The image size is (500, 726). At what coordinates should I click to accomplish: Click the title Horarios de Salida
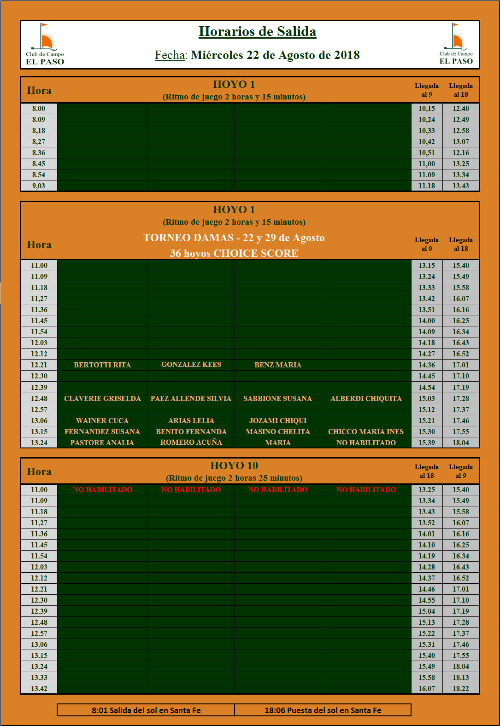[x=257, y=32]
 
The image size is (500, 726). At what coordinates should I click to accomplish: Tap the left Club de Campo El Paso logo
[x=45, y=44]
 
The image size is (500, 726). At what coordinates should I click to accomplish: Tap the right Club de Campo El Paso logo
[x=456, y=44]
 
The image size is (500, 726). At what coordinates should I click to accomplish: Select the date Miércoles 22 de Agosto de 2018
[x=275, y=55]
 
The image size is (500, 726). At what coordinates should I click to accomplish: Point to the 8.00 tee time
[x=39, y=109]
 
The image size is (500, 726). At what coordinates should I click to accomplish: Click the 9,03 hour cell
[x=39, y=186]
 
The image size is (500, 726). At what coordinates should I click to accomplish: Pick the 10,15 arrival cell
[x=426, y=109]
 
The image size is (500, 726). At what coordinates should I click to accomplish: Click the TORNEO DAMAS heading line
[x=234, y=238]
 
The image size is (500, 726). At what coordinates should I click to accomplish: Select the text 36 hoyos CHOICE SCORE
[x=234, y=254]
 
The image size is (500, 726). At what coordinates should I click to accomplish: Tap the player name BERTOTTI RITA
[x=102, y=365]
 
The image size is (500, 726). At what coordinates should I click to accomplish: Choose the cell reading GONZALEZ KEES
[x=191, y=365]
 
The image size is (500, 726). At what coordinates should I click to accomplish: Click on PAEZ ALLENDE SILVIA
[x=191, y=399]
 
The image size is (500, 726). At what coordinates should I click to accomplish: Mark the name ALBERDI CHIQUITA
[x=366, y=399]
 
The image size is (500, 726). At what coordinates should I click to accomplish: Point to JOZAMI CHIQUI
[x=277, y=421]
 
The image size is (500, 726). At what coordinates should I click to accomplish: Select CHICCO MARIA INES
[x=366, y=432]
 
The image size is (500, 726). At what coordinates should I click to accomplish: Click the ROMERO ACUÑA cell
[x=191, y=442]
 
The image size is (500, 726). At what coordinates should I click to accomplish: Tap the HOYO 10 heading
[x=234, y=465]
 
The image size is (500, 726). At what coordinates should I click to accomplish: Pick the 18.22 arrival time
[x=460, y=689]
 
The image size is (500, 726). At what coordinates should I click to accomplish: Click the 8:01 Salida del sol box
[x=146, y=710]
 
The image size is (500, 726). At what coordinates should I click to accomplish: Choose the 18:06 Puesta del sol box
[x=323, y=710]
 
